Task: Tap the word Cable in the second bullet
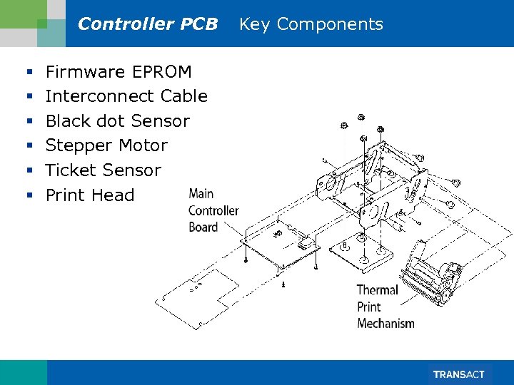click(184, 96)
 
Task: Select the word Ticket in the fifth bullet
click(71, 171)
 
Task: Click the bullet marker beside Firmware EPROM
click(29, 72)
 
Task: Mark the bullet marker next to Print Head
click(29, 195)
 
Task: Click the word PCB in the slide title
click(199, 24)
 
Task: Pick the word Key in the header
click(254, 24)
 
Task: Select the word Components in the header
click(330, 24)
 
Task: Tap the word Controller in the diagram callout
click(213, 210)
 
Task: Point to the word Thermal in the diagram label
click(377, 290)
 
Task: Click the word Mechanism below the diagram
click(385, 324)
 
